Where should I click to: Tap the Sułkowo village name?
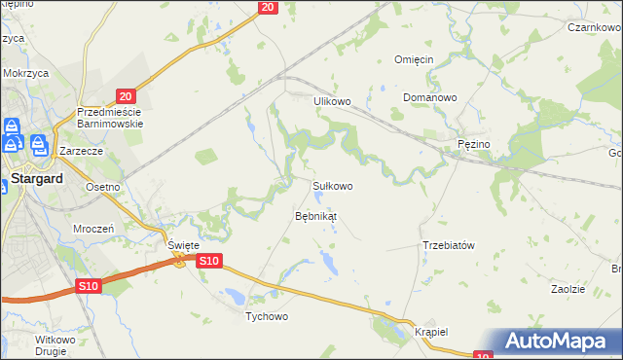point(331,185)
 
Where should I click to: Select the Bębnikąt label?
point(315,215)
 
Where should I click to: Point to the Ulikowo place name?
point(331,100)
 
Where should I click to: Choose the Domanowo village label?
point(431,98)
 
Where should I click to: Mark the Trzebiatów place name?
point(448,245)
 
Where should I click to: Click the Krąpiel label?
point(429,331)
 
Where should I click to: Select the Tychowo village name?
point(268,316)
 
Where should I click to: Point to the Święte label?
point(183,246)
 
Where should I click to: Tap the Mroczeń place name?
point(94,228)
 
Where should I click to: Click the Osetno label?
point(102,187)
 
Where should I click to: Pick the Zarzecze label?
point(81,152)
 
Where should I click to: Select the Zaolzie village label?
point(568,289)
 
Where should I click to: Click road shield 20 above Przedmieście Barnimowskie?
point(125,95)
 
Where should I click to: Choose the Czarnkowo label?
point(593,27)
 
